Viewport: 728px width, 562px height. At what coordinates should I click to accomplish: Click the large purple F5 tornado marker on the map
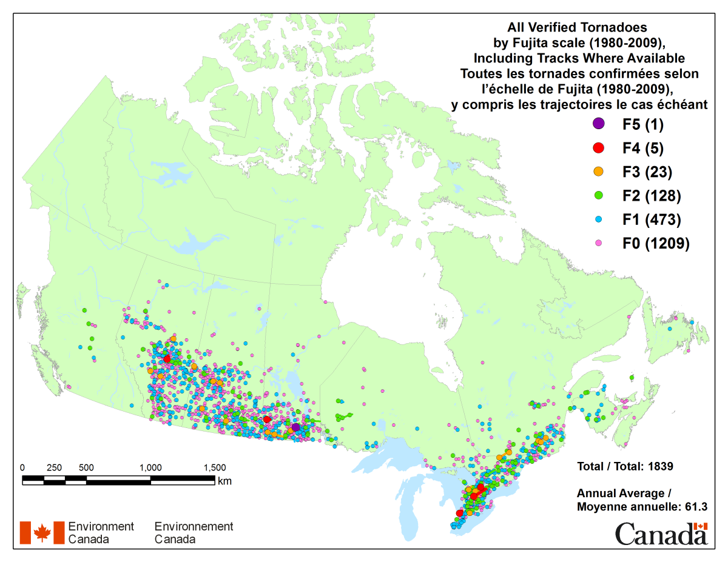pyautogui.click(x=295, y=427)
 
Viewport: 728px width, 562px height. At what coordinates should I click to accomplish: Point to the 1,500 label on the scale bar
pyautogui.click(x=214, y=467)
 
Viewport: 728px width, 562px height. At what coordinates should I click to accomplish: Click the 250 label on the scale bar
pyautogui.click(x=54, y=467)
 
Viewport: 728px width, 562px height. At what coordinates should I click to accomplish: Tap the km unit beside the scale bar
pyautogui.click(x=224, y=481)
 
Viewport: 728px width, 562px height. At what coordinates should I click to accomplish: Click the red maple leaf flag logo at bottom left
pyautogui.click(x=42, y=532)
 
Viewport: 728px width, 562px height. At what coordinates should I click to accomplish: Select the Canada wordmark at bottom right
pyautogui.click(x=661, y=535)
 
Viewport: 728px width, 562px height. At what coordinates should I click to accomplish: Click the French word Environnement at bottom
pyautogui.click(x=194, y=526)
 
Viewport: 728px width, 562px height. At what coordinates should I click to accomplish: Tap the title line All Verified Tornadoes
pyautogui.click(x=578, y=27)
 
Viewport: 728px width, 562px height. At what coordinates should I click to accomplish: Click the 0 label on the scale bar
pyautogui.click(x=22, y=467)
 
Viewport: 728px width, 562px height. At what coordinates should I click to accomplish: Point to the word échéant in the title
pyautogui.click(x=684, y=104)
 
